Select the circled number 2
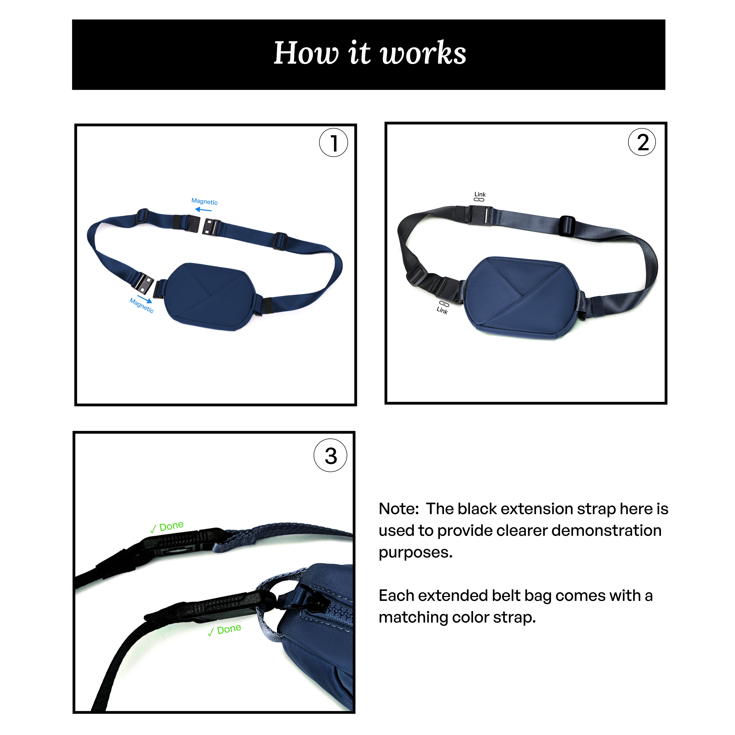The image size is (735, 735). pos(642,142)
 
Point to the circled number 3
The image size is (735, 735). pos(330,455)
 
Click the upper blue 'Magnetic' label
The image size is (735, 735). pos(204,201)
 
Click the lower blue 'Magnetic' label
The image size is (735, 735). pos(141,305)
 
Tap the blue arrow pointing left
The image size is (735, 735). pos(203,210)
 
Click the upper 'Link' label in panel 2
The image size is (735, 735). pos(480,194)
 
